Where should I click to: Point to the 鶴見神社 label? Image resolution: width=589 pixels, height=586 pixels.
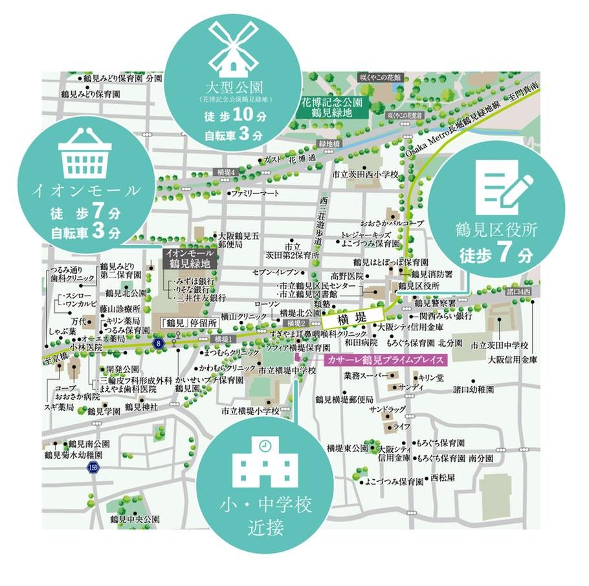[142, 407]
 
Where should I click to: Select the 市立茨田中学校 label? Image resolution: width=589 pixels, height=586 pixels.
[500, 345]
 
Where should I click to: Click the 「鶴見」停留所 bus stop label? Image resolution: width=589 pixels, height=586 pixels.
[187, 321]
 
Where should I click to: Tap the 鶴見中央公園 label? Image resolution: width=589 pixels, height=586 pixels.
[134, 519]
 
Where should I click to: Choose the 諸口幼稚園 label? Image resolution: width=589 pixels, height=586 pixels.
[473, 390]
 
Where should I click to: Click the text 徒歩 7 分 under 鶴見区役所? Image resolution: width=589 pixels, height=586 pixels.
[496, 254]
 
